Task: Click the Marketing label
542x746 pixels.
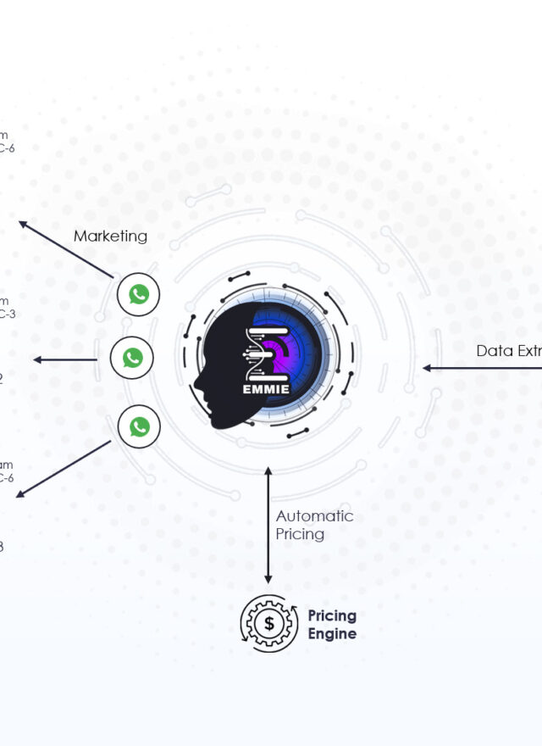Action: (x=110, y=237)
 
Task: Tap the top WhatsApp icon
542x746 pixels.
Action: (x=139, y=295)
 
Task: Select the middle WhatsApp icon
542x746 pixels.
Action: (x=132, y=359)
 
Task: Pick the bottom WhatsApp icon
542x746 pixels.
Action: (x=140, y=427)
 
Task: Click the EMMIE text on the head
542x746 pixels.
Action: (x=267, y=390)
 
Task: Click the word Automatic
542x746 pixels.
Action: (x=314, y=516)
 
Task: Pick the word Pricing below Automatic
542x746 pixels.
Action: (x=300, y=534)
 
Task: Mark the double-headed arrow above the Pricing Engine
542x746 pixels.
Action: (x=268, y=526)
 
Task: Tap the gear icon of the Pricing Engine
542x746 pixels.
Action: (x=269, y=623)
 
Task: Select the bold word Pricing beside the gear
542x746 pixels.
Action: (x=332, y=615)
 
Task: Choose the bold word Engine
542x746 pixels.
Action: (x=331, y=634)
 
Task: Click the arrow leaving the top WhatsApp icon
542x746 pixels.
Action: (x=66, y=250)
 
